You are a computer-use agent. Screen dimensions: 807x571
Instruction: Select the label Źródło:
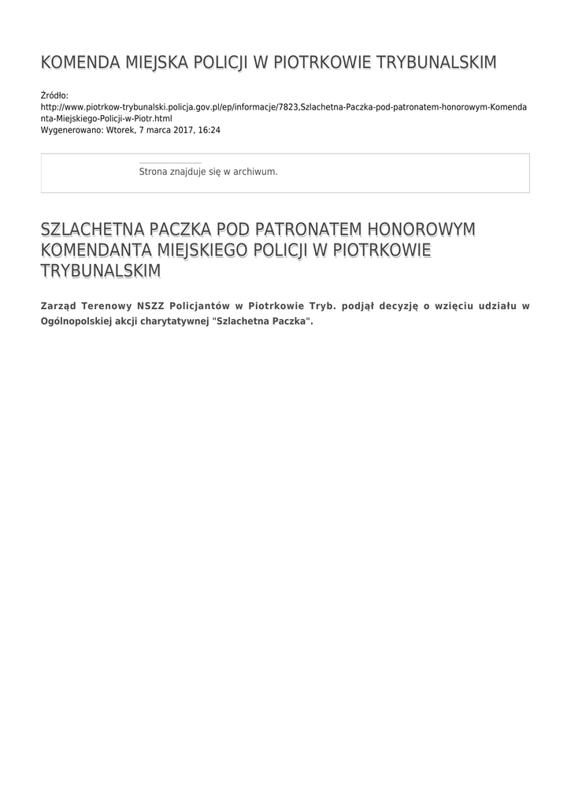point(54,95)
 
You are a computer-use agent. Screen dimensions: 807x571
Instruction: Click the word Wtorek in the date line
point(120,129)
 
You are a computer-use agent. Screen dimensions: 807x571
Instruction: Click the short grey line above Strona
point(170,163)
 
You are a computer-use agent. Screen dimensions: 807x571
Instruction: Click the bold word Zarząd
point(57,306)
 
